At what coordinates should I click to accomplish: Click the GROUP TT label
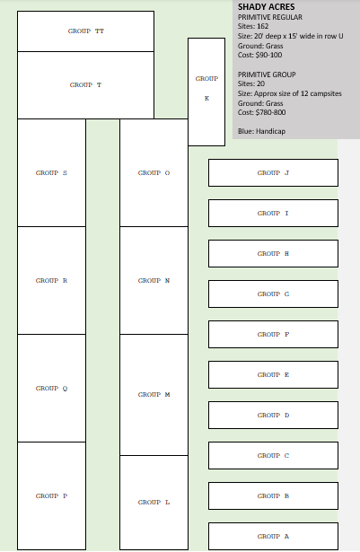86,31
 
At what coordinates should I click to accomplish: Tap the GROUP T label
85,85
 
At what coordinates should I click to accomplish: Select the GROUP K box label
206,88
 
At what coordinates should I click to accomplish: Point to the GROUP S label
51,173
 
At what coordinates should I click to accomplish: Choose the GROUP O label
154,173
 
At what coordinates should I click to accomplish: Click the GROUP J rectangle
273,173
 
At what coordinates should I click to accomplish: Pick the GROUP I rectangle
273,214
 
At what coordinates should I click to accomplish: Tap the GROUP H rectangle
273,253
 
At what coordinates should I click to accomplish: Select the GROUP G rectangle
273,294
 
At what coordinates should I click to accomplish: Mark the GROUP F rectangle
273,335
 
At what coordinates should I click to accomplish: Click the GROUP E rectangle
273,374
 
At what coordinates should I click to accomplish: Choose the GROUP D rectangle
273,415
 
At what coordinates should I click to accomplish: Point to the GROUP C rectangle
273,456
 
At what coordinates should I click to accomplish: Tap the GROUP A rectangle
273,536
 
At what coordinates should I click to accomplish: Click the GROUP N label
154,281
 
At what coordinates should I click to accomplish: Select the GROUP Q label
51,389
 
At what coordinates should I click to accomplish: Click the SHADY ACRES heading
267,6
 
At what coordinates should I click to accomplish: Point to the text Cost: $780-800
262,112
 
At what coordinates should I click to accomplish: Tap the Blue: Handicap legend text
262,131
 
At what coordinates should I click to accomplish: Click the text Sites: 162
253,26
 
